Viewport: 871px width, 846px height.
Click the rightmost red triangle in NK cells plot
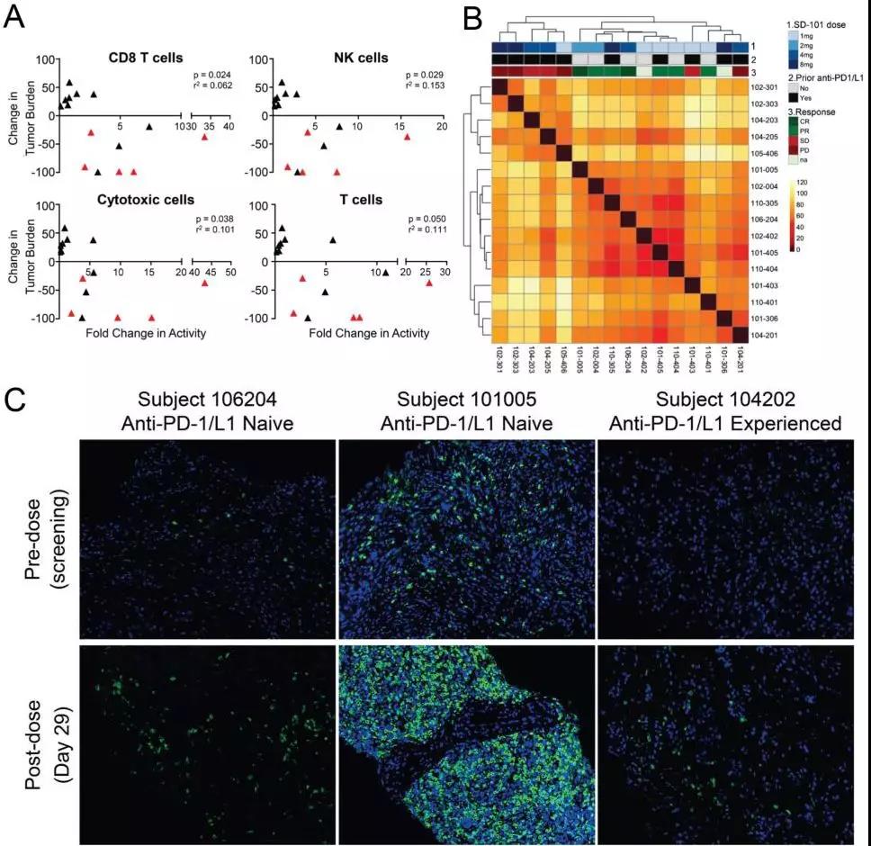407,137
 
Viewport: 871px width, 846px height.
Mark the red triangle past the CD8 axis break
204,137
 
